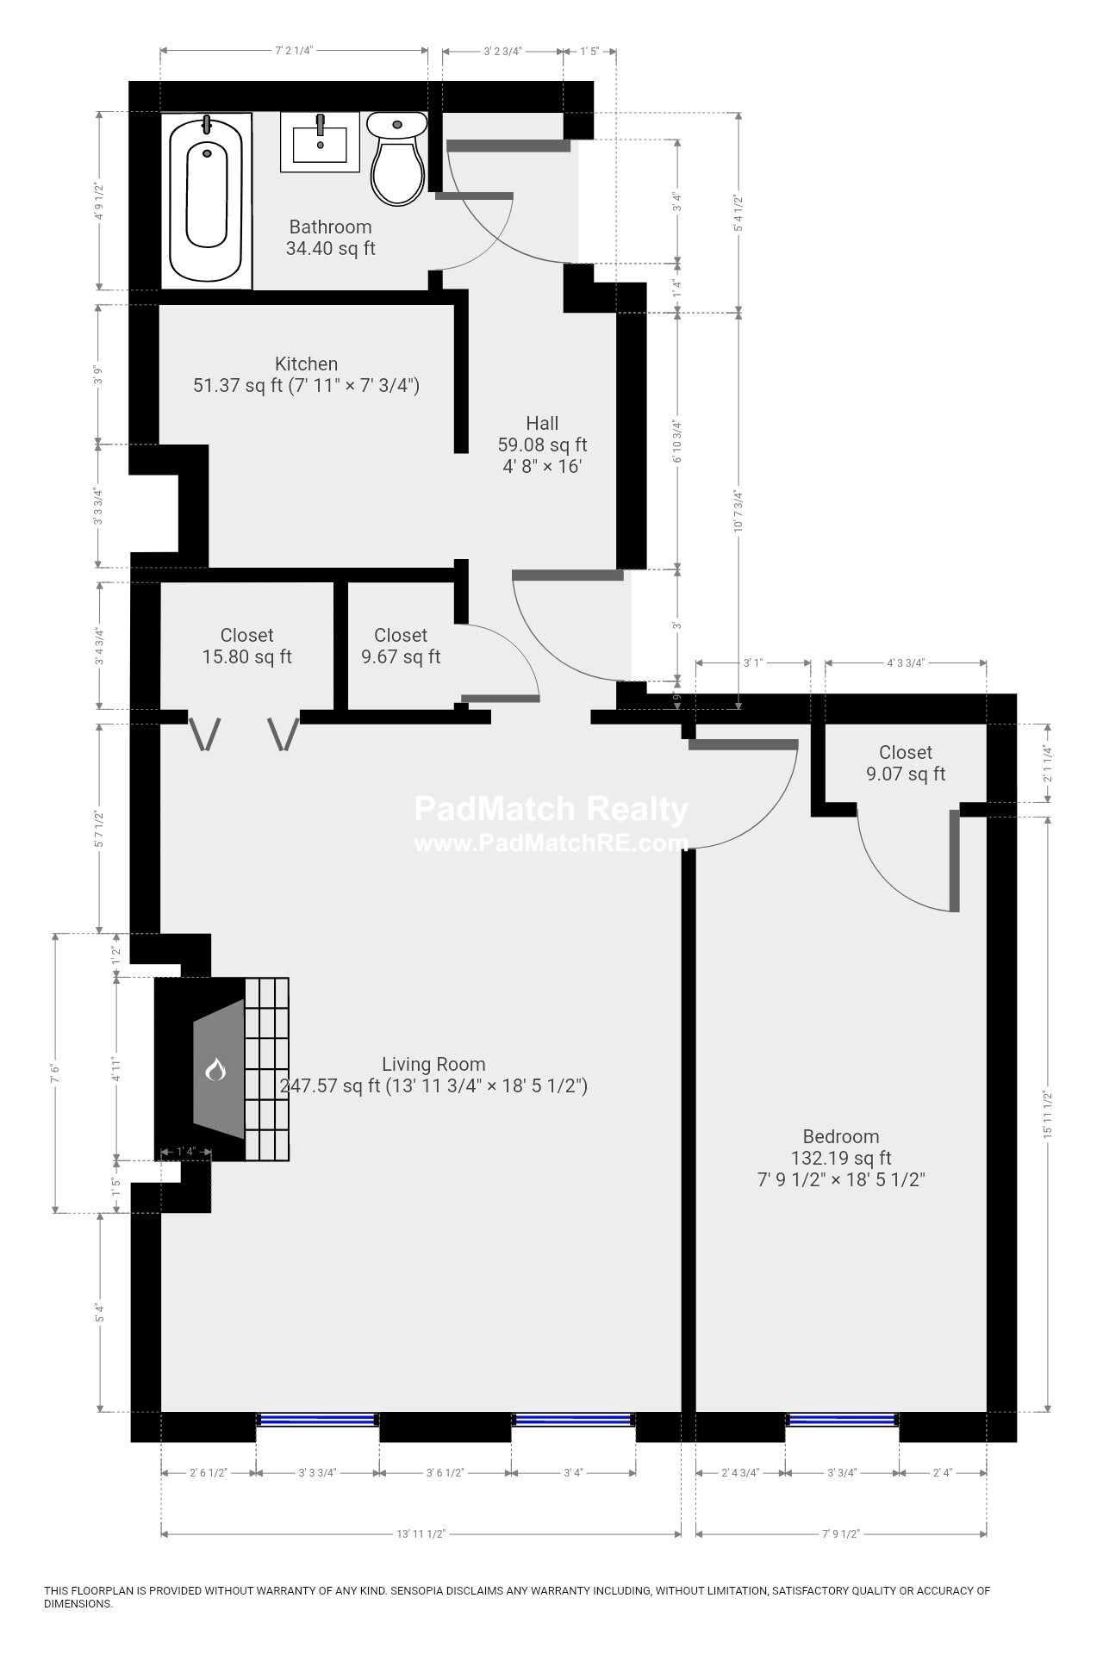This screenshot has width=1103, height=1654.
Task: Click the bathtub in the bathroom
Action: pos(206,200)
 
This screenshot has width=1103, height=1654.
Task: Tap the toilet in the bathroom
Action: pos(396,159)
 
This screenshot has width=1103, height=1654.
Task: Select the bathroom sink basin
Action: pos(320,142)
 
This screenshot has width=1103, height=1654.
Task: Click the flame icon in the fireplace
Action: pos(215,1069)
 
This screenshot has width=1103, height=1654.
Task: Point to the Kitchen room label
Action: pos(306,364)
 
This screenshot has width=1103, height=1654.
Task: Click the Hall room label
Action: pos(542,423)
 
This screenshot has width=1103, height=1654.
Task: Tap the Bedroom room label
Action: pos(840,1136)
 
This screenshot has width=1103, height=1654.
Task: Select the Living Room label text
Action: pos(433,1064)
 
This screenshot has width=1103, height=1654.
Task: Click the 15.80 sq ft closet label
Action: pos(246,646)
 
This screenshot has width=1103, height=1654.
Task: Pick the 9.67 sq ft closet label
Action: pos(400,646)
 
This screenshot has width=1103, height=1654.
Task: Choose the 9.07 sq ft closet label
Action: pos(906,763)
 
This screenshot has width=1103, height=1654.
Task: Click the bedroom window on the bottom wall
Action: pos(842,1420)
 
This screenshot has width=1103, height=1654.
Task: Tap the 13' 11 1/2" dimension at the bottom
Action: pos(421,1534)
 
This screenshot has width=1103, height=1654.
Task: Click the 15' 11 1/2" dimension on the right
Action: pos(1048,1116)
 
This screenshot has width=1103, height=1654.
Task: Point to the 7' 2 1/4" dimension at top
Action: pos(293,51)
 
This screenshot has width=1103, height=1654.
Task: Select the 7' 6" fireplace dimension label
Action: pos(55,1073)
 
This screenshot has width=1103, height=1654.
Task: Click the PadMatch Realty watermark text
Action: pos(551,809)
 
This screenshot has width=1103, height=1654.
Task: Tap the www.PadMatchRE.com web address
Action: pos(551,843)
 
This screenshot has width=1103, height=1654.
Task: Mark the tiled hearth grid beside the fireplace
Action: pos(266,1069)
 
